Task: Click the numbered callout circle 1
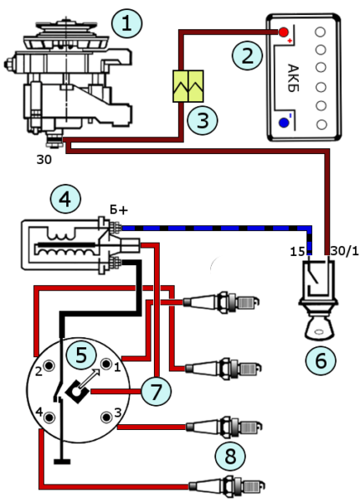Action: [126, 23]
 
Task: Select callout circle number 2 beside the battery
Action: [247, 55]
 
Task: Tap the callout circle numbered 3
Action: [203, 120]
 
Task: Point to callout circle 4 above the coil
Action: [65, 199]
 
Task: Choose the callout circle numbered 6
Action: [321, 360]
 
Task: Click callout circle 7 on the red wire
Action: [156, 392]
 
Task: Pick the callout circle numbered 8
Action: [230, 456]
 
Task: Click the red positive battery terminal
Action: [283, 32]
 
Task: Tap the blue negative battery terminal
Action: [284, 122]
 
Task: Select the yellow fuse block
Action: [188, 86]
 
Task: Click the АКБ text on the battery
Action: [293, 79]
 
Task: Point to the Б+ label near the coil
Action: [119, 210]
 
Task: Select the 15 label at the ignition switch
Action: [297, 252]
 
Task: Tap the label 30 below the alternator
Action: [44, 160]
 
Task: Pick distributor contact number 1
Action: [105, 364]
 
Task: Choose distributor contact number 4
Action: [49, 417]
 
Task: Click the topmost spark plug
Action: [221, 302]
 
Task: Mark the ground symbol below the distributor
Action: [62, 461]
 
